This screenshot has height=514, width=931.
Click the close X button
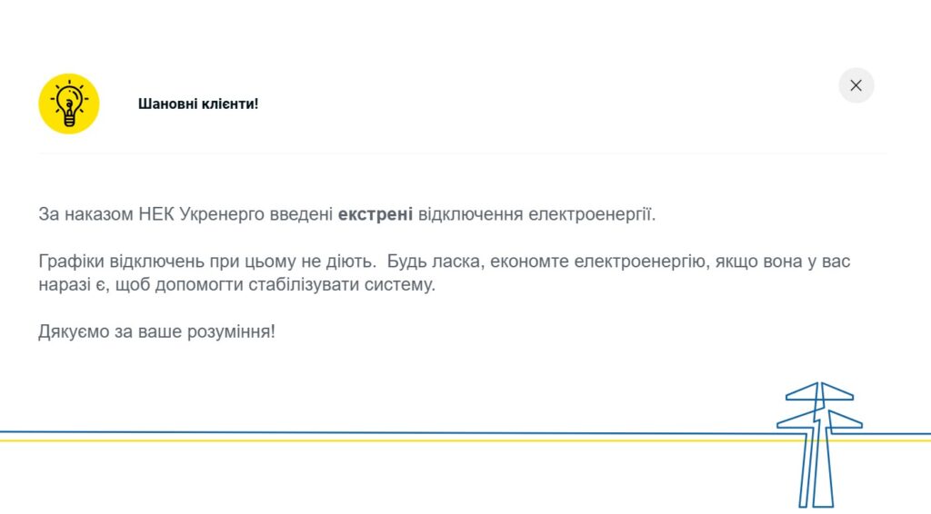pyautogui.click(x=856, y=85)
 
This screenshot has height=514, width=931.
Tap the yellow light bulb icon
pyautogui.click(x=69, y=104)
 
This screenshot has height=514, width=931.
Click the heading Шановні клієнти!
pyautogui.click(x=198, y=104)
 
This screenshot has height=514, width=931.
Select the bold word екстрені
pyautogui.click(x=375, y=214)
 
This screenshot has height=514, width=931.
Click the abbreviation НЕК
pyautogui.click(x=156, y=214)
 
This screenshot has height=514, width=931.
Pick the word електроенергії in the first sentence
pyautogui.click(x=592, y=214)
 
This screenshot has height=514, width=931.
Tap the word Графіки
pyautogui.click(x=71, y=262)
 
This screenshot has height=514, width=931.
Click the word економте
pyautogui.click(x=529, y=262)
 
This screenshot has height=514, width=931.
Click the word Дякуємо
pyautogui.click(x=75, y=331)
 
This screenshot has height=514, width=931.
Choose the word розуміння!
pyautogui.click(x=231, y=331)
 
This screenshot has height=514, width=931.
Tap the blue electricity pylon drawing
pyautogui.click(x=819, y=445)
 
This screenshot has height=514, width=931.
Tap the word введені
pyautogui.click(x=302, y=214)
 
